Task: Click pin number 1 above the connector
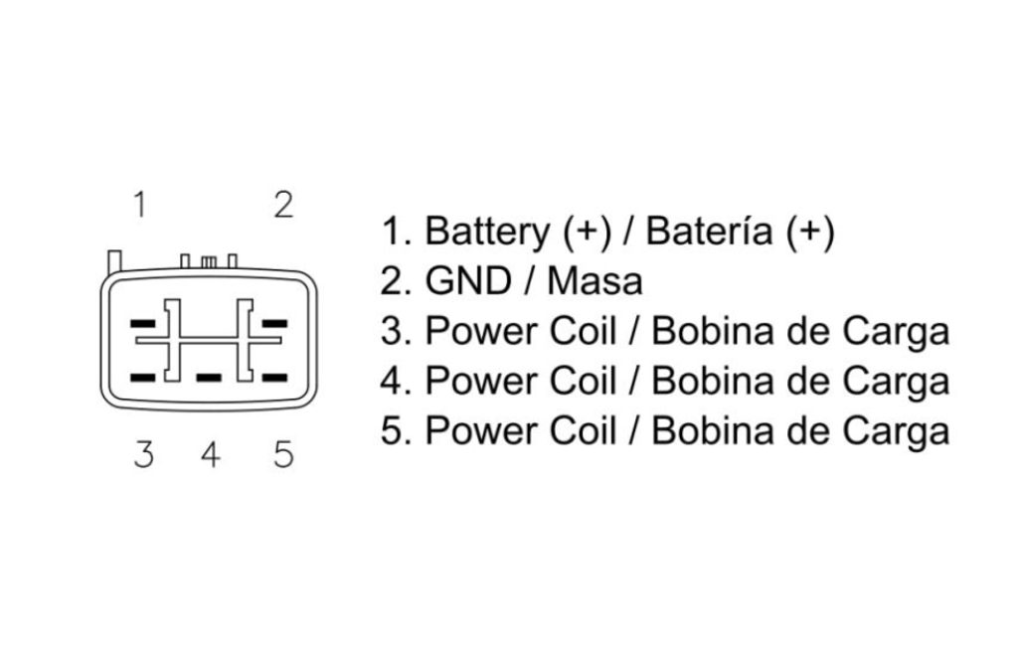coord(139,205)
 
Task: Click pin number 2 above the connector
coord(283,205)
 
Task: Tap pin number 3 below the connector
coord(144,454)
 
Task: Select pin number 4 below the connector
coord(211,454)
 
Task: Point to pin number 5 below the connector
coord(283,454)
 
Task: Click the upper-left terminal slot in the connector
coord(143,323)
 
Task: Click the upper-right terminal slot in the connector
coord(274,323)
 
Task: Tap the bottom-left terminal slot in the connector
coord(143,378)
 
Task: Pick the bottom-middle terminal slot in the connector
coord(209,378)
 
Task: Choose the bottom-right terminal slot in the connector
coord(274,378)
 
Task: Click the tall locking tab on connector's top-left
coord(115,260)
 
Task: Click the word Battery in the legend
coord(487,232)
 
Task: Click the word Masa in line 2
coord(594,281)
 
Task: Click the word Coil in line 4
coord(583,382)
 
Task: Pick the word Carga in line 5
coord(896,432)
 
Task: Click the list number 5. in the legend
coord(396,431)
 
